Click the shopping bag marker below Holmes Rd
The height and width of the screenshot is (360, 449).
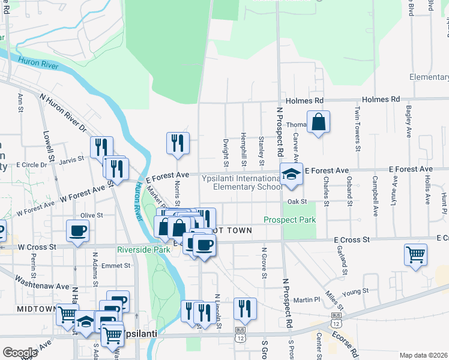318,122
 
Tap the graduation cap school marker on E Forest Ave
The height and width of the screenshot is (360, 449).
291,174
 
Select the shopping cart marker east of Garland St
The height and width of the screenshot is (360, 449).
415,254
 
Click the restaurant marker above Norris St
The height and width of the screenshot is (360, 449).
177,143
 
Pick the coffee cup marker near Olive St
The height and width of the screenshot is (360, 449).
78,230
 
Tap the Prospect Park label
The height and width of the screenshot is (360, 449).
290,220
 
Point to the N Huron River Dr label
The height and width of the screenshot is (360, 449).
63,113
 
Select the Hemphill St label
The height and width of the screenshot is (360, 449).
244,149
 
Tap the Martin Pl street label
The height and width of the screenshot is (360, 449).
306,299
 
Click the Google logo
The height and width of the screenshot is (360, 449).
20,353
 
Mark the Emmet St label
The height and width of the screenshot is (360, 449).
112,266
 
